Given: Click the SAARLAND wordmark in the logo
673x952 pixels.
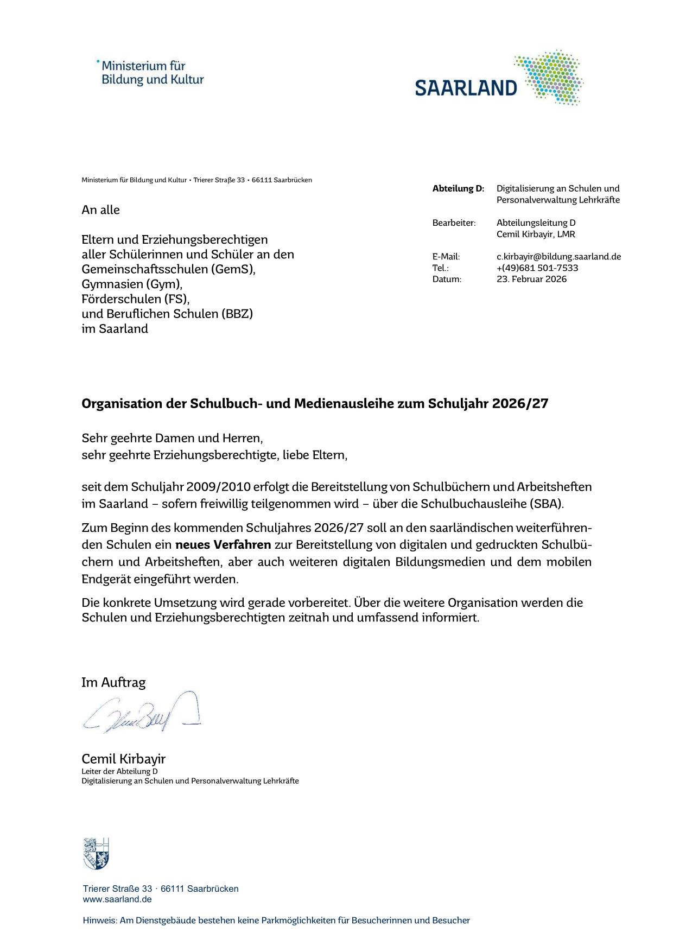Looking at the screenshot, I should pyautogui.click(x=466, y=87).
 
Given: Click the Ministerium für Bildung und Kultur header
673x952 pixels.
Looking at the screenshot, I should pyautogui.click(x=152, y=73).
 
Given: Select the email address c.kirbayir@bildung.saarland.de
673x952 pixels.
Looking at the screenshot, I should pyautogui.click(x=558, y=257).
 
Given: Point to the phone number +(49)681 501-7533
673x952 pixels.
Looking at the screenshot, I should pyautogui.click(x=537, y=268).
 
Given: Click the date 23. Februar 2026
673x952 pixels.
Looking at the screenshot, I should pyautogui.click(x=531, y=280).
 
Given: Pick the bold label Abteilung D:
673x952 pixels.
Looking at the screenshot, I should pyautogui.click(x=458, y=189).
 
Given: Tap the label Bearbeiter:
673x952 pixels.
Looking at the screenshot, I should pyautogui.click(x=454, y=223).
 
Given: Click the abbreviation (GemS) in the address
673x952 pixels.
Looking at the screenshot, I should pyautogui.click(x=238, y=269).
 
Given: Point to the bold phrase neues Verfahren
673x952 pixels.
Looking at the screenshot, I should pyautogui.click(x=223, y=544).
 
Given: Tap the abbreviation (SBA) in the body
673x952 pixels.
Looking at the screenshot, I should pyautogui.click(x=545, y=504).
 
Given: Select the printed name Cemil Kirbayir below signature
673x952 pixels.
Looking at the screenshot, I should pyautogui.click(x=123, y=759).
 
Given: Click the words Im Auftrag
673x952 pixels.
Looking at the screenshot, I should pyautogui.click(x=113, y=682).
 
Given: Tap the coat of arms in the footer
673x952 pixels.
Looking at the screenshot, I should pyautogui.click(x=96, y=853).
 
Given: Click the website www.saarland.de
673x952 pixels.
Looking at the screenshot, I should pyautogui.click(x=117, y=899).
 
